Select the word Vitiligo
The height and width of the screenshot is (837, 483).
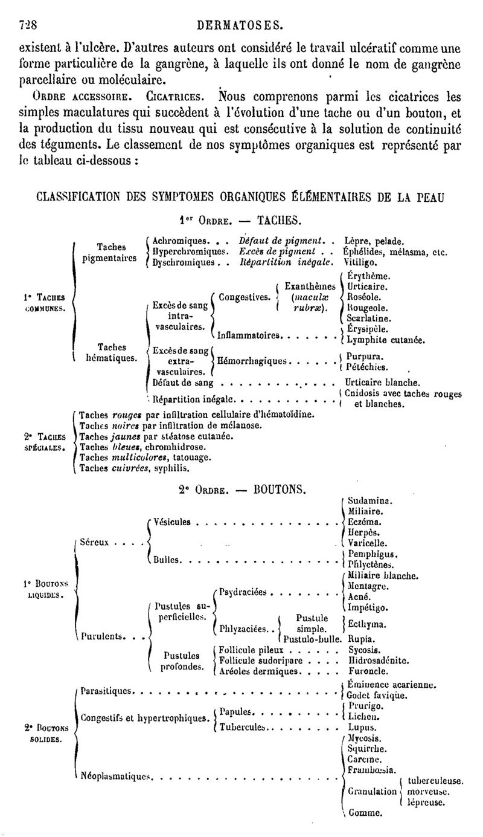pyautogui.click(x=360, y=263)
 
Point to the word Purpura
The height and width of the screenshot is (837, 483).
pyautogui.click(x=365, y=357)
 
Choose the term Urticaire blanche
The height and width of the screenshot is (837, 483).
pyautogui.click(x=382, y=383)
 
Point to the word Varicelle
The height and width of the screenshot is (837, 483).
pyautogui.click(x=367, y=543)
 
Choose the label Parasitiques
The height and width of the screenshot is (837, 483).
pyautogui.click(x=106, y=691)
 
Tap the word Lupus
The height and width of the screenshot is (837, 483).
pyautogui.click(x=362, y=728)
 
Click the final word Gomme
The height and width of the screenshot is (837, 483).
pyautogui.click(x=365, y=813)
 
